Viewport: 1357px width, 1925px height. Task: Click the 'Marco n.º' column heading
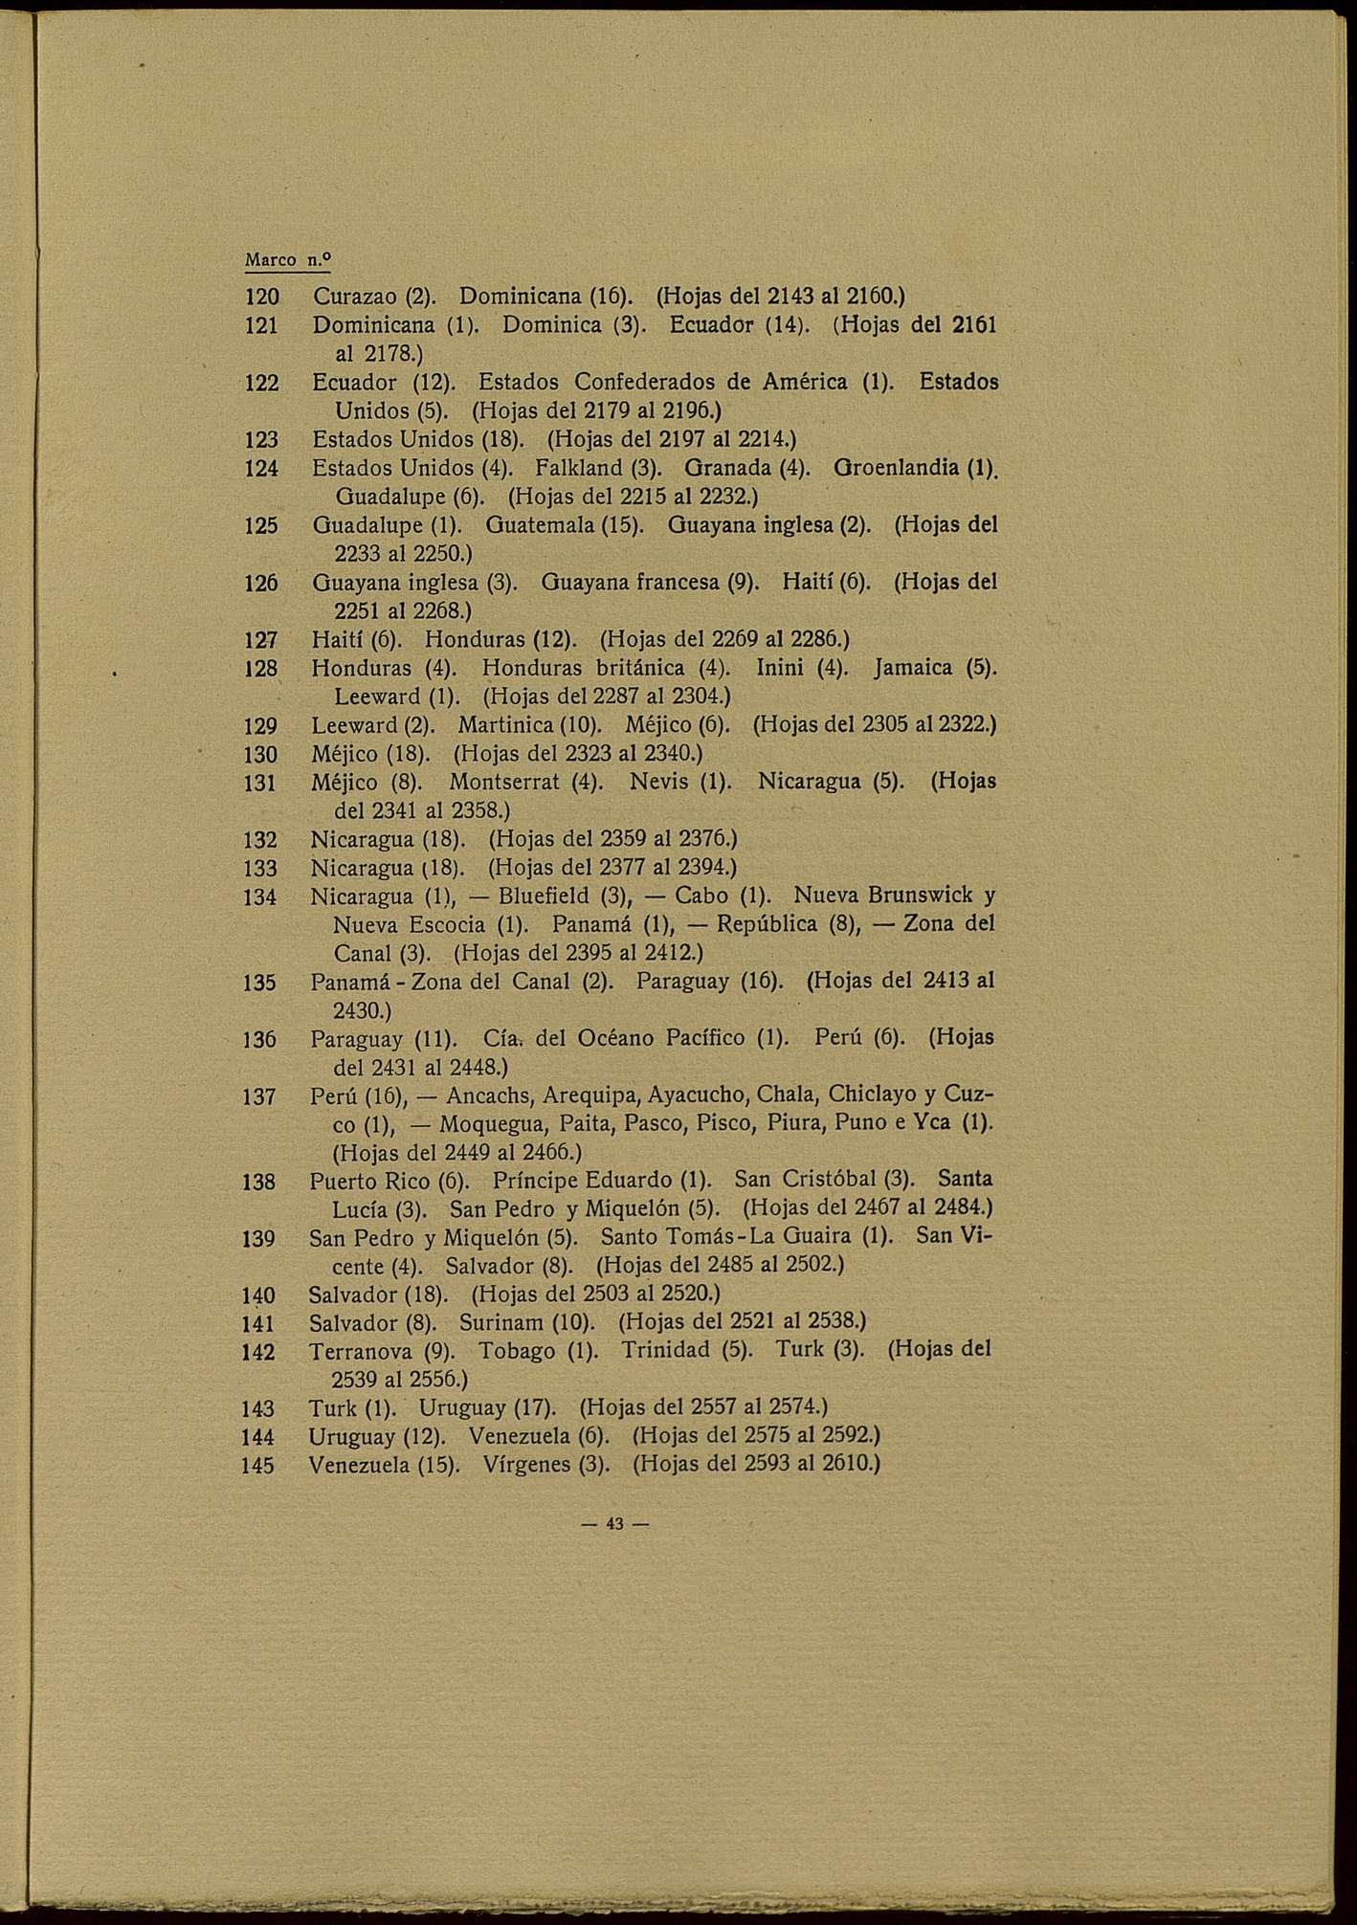(286, 259)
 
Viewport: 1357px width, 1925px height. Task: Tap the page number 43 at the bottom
(614, 1524)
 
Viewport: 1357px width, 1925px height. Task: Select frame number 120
(261, 298)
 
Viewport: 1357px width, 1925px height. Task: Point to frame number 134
(260, 897)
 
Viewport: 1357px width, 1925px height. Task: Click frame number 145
(258, 1466)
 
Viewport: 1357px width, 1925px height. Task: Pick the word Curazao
(349, 298)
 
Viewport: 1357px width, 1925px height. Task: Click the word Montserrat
(504, 782)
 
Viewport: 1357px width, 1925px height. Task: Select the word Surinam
(501, 1322)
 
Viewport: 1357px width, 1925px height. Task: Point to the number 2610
(847, 1464)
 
